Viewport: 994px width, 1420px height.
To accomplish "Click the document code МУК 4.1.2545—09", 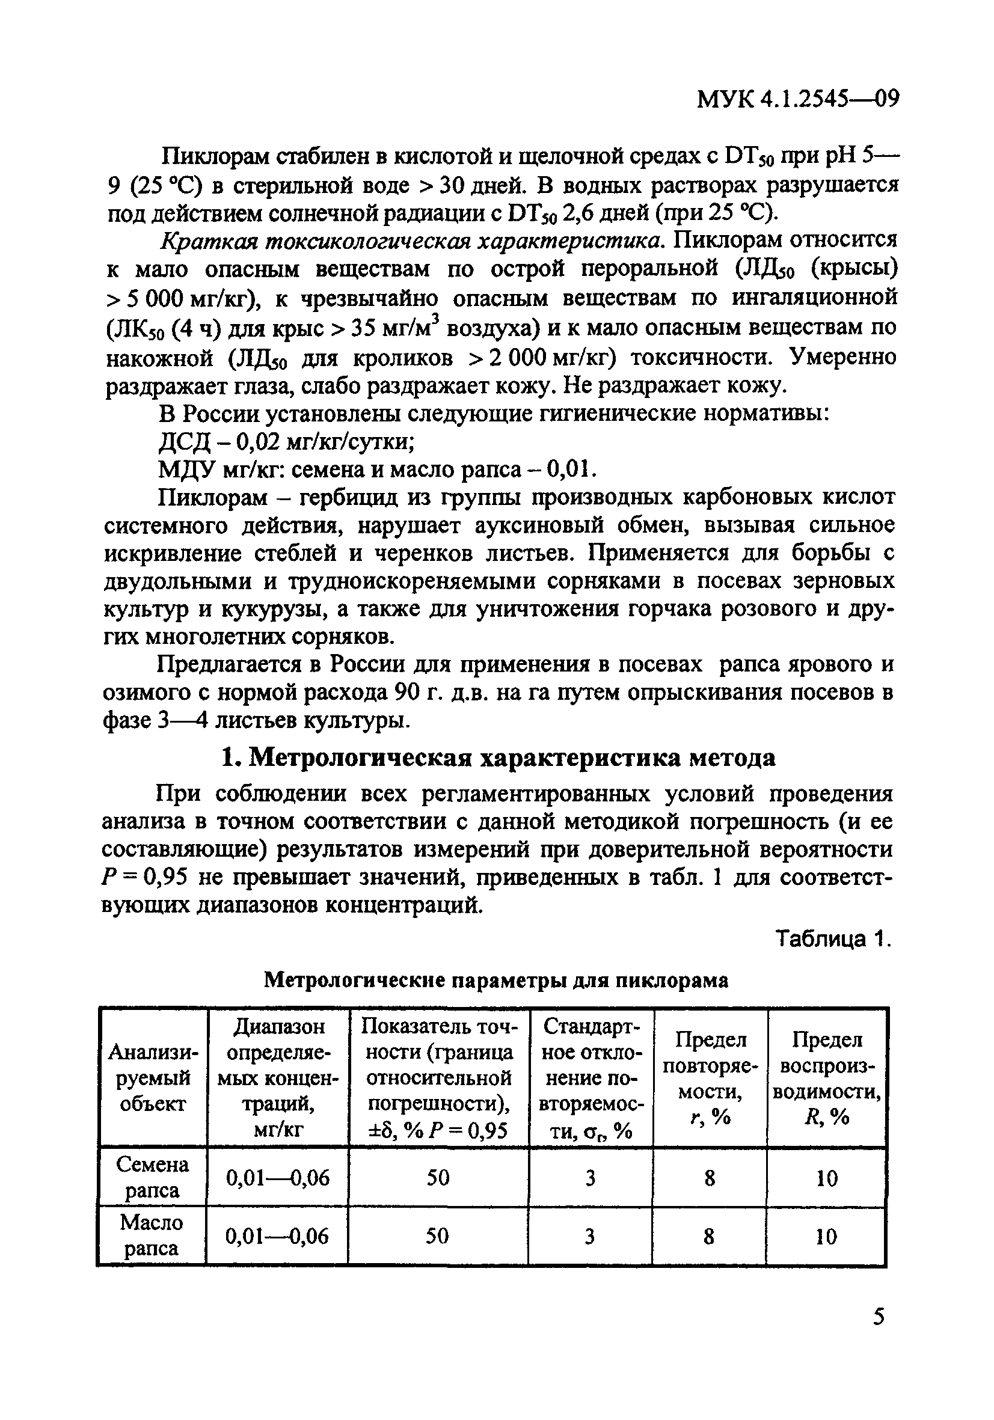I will [797, 99].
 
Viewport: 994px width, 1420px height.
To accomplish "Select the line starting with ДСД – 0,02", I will [286, 442].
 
